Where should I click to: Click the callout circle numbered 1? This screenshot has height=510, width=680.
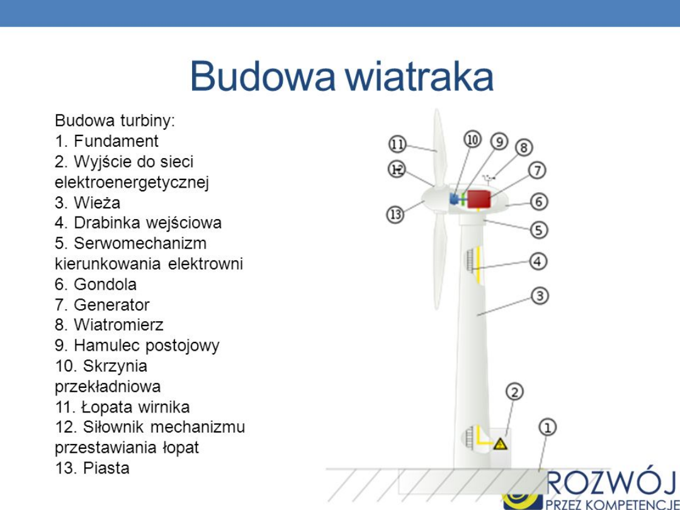[x=548, y=428]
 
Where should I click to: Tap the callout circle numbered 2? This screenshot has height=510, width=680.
[x=514, y=392]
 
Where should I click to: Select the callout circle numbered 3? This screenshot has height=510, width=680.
[x=540, y=295]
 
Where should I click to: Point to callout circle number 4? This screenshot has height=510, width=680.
[x=538, y=261]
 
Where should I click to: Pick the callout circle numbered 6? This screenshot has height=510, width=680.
[x=539, y=201]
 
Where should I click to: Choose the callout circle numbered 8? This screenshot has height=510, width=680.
[x=524, y=147]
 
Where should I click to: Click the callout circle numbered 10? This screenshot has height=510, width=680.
[x=473, y=139]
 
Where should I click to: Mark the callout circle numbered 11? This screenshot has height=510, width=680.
[x=397, y=144]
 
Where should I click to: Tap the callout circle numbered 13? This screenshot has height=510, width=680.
[x=395, y=215]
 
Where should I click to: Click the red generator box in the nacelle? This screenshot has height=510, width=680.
[x=479, y=200]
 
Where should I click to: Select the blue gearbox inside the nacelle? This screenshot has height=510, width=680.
[x=455, y=199]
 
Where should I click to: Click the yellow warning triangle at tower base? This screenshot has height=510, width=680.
[x=501, y=444]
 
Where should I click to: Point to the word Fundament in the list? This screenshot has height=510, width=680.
[x=116, y=141]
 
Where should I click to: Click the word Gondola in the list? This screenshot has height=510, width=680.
[x=105, y=284]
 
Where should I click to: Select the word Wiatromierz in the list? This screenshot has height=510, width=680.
[x=118, y=325]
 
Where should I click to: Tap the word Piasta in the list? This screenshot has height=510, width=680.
[x=106, y=468]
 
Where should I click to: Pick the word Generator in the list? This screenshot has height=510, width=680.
[x=111, y=305]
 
